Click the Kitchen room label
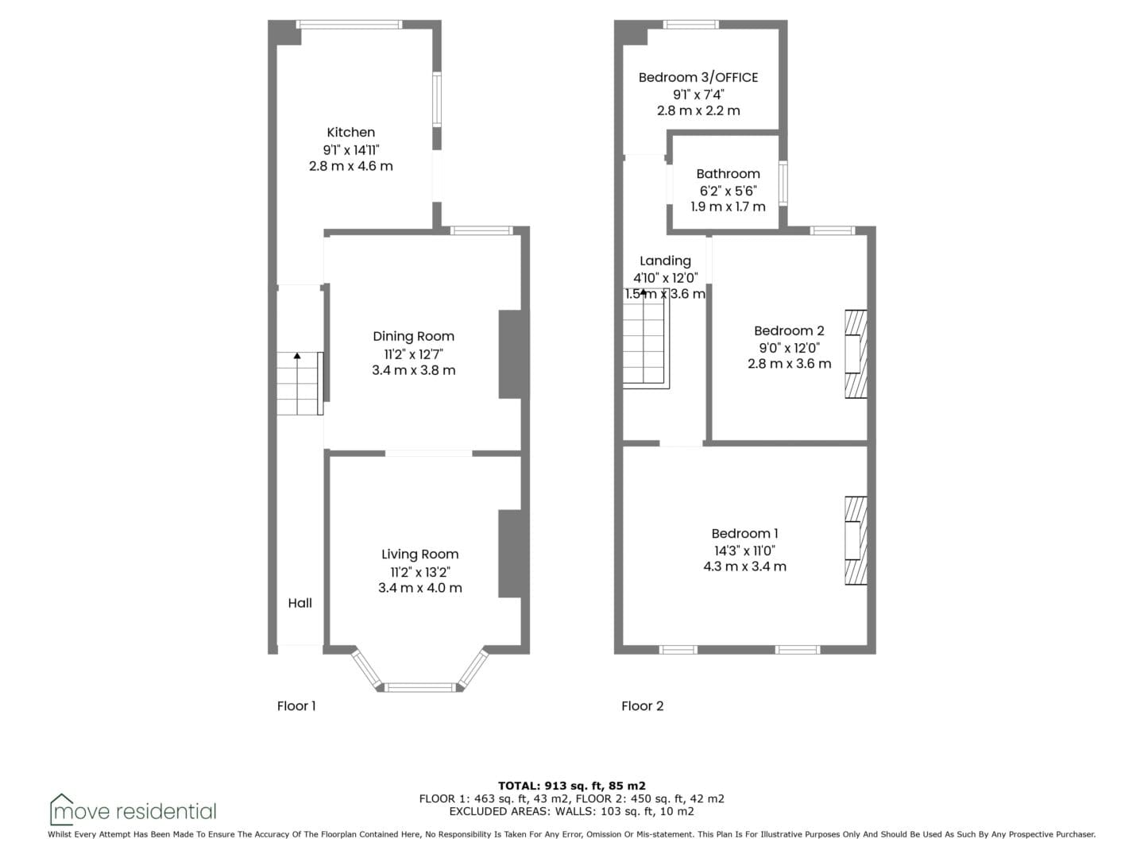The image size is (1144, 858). pos(351,133)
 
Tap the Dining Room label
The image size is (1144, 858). pos(413,337)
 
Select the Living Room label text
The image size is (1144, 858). pos(419,555)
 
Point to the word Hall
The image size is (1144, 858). pos(300,603)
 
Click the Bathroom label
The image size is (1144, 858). pos(728,174)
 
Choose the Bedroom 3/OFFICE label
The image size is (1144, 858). pos(698,78)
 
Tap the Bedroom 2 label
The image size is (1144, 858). pos(789,330)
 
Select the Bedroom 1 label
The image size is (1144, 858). pos(744,533)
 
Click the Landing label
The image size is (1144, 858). pos(665,261)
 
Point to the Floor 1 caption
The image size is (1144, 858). pos(296,706)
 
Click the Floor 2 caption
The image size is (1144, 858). pos(642,706)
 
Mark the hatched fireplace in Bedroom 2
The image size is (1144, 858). pos(856,354)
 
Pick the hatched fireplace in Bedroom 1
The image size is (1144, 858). pos(856,541)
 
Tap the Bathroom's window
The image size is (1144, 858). pos(783,183)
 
